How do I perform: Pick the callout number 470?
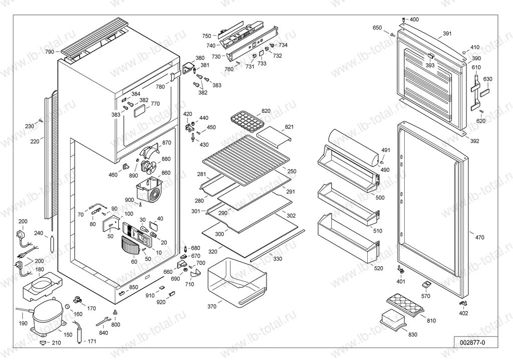click(x=479, y=238)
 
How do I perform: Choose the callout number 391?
click(x=447, y=34)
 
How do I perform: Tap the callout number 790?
click(x=49, y=52)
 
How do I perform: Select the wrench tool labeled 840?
click(x=103, y=320)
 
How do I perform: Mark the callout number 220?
click(x=34, y=142)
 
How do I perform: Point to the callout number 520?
click(x=378, y=268)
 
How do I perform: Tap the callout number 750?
click(x=206, y=36)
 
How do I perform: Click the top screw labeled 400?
click(x=404, y=20)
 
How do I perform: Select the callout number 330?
click(x=277, y=259)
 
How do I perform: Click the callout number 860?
click(x=166, y=172)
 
